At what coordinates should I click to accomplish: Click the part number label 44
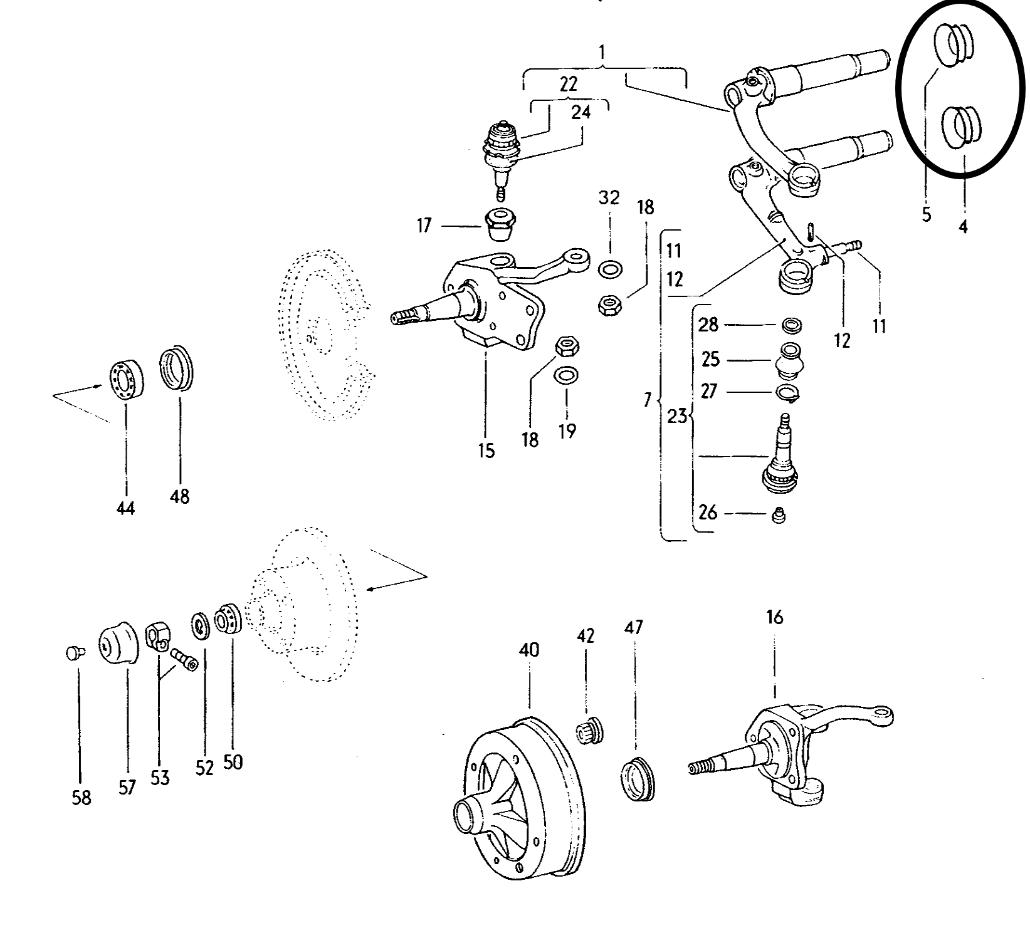125,509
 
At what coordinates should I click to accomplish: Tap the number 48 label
179,497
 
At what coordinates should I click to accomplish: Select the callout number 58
81,798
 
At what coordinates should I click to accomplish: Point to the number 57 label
127,787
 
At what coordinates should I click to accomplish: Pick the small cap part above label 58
73,654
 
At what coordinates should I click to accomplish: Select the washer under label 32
609,270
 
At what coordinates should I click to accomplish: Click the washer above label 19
567,376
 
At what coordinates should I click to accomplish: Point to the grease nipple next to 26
778,515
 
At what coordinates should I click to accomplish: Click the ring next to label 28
792,326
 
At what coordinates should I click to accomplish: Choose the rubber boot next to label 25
791,360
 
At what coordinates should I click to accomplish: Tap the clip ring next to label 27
788,393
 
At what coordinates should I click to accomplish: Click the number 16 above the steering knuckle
775,617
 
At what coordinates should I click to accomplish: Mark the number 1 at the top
602,53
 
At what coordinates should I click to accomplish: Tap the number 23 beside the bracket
677,416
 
